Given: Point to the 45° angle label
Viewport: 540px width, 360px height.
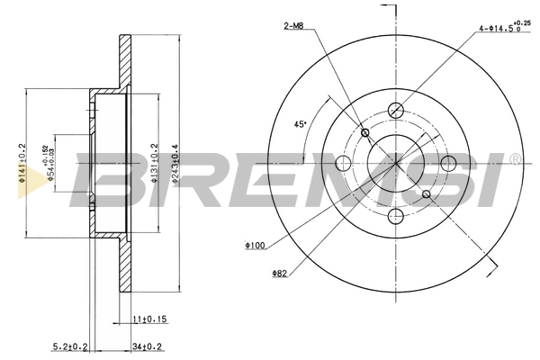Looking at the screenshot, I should click(302, 124).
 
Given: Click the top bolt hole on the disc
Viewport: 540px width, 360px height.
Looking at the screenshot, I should click(396, 111).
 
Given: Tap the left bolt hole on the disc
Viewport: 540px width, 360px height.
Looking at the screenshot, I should click(343, 163).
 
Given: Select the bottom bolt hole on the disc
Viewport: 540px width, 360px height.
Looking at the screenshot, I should click(396, 216).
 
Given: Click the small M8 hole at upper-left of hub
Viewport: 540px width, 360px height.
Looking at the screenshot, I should click(364, 133).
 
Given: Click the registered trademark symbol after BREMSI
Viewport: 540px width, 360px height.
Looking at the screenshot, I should click(515, 159).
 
